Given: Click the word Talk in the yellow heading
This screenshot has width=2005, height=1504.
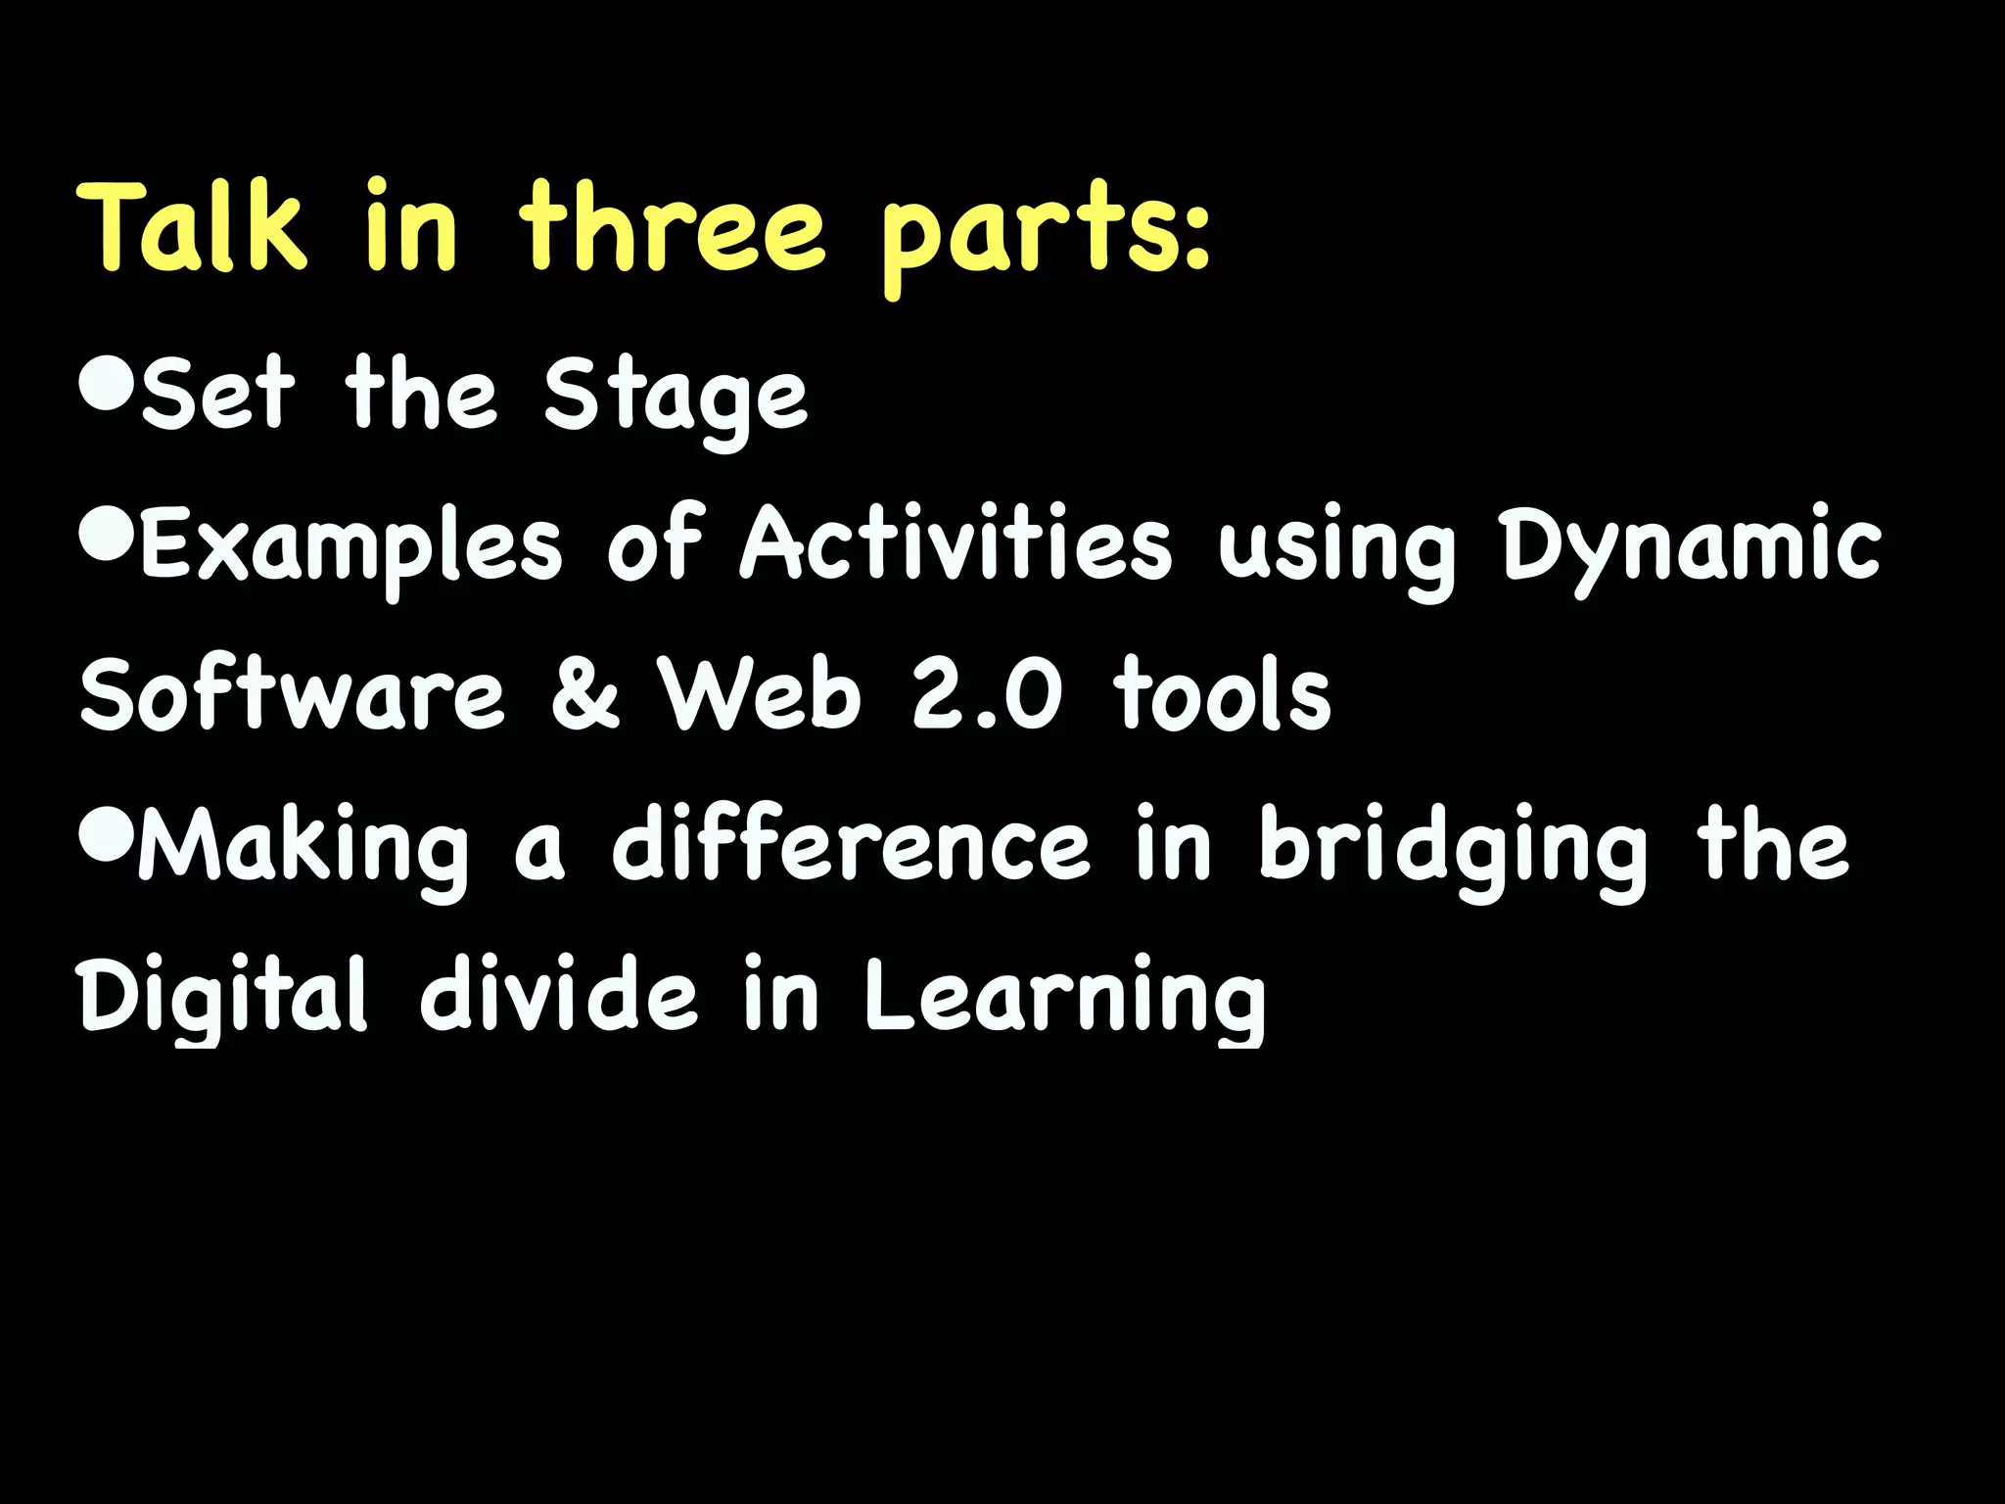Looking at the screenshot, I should point(192,227).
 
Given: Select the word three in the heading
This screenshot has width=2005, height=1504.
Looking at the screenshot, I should point(672,227).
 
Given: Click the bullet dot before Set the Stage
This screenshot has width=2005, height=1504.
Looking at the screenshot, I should point(106,385).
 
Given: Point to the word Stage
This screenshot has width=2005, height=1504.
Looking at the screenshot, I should point(676,398).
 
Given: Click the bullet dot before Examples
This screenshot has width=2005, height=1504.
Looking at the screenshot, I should point(106,535).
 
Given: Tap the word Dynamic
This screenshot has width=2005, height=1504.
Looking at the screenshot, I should point(1692,546).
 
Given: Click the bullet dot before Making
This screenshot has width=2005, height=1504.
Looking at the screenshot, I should point(106,835).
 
